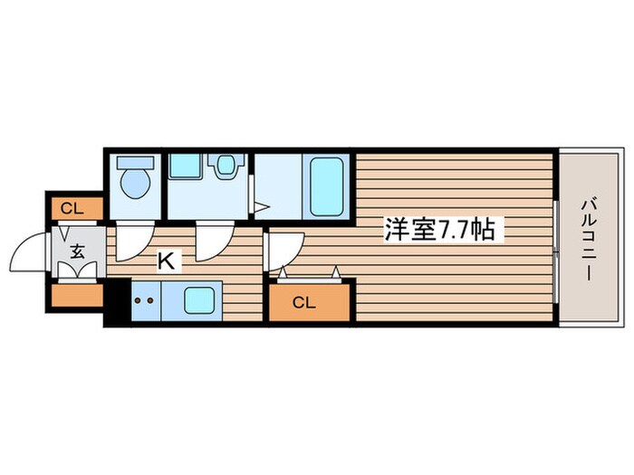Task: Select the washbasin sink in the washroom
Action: pyautogui.click(x=222, y=166)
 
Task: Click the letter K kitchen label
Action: pyautogui.click(x=167, y=261)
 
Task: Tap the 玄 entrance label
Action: pyautogui.click(x=77, y=252)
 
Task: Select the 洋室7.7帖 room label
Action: pyautogui.click(x=439, y=231)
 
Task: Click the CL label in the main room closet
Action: pyautogui.click(x=304, y=303)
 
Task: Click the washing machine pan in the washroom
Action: pyautogui.click(x=185, y=166)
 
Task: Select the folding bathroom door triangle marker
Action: pyautogui.click(x=259, y=207)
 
